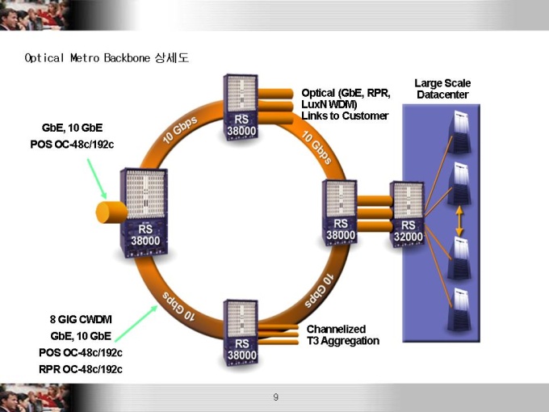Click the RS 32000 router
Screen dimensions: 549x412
[x=407, y=214]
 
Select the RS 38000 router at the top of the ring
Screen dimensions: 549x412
[x=241, y=107]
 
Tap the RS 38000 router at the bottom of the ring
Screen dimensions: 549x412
[x=241, y=332]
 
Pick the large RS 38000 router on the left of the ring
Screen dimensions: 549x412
[x=144, y=212]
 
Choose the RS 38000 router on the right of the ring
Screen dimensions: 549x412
[x=340, y=212]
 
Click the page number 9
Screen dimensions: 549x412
[x=276, y=397]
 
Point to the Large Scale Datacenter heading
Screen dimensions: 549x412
[x=442, y=89]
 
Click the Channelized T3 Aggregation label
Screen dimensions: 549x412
[x=343, y=335]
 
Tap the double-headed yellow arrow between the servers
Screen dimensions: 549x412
[x=459, y=221]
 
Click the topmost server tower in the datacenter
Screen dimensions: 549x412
[x=459, y=132]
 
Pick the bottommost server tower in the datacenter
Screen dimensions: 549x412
[x=459, y=309]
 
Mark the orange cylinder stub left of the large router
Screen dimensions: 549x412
[x=111, y=212]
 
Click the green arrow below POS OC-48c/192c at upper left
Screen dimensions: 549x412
[x=97, y=179]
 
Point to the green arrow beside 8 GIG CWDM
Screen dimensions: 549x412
[x=136, y=323]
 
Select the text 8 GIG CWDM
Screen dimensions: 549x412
[x=81, y=320]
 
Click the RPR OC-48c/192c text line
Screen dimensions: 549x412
[x=81, y=369]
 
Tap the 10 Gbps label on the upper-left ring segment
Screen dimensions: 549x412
[x=180, y=129]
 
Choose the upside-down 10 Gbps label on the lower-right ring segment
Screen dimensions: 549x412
[x=319, y=291]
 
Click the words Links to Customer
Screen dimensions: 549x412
[x=345, y=116]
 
